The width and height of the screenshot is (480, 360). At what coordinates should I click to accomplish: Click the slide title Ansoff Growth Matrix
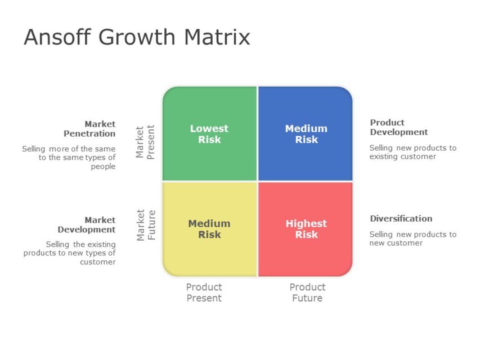point(137,37)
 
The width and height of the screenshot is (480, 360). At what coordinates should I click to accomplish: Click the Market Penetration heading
point(89,129)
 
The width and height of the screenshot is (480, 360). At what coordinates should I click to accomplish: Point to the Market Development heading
point(87,224)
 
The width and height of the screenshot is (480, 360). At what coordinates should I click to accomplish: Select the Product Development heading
point(398,127)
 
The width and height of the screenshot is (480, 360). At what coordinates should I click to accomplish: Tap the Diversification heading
point(401,218)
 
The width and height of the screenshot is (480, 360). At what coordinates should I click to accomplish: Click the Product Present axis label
point(204,292)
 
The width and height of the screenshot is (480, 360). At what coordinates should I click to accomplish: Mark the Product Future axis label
point(307,292)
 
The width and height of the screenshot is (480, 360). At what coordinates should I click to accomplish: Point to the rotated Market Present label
point(145,142)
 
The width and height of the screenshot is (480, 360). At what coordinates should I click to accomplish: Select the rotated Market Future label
point(146,225)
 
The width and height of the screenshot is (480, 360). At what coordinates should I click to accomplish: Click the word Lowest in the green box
point(209,128)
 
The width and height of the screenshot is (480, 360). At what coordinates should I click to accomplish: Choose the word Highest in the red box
point(306,223)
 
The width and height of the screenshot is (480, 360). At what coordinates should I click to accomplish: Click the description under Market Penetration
point(69,157)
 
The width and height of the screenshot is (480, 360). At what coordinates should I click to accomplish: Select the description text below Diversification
point(412,238)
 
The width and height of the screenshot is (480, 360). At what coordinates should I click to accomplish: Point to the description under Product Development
point(412,152)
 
